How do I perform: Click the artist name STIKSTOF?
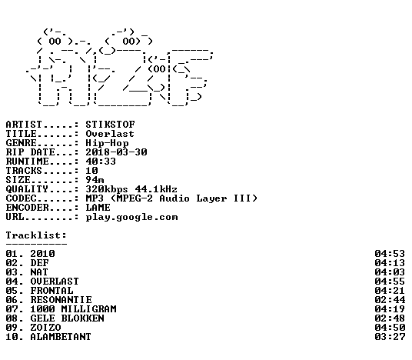[x=111, y=124]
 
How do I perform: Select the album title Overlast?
[x=110, y=134]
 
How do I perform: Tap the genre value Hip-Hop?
[x=107, y=143]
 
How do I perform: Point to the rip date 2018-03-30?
[x=116, y=152]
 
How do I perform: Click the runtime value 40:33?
[x=101, y=162]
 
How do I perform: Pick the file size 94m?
[x=95, y=179]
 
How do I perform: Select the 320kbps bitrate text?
[x=107, y=189]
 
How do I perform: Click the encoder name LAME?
[x=98, y=208]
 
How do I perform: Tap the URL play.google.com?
[x=132, y=217]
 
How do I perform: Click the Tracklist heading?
[x=36, y=235]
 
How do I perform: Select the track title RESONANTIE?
[x=61, y=300]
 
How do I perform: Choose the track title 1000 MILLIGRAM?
[x=73, y=309]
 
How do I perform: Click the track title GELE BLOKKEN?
[x=68, y=318]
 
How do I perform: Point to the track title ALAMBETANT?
[x=61, y=337]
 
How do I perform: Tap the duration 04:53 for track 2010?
[x=390, y=254]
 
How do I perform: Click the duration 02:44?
[x=390, y=300]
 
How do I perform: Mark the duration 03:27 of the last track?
[x=390, y=337]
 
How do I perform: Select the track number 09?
[x=12, y=328]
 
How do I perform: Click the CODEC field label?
[x=22, y=198]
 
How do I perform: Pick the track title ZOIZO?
[x=45, y=328]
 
